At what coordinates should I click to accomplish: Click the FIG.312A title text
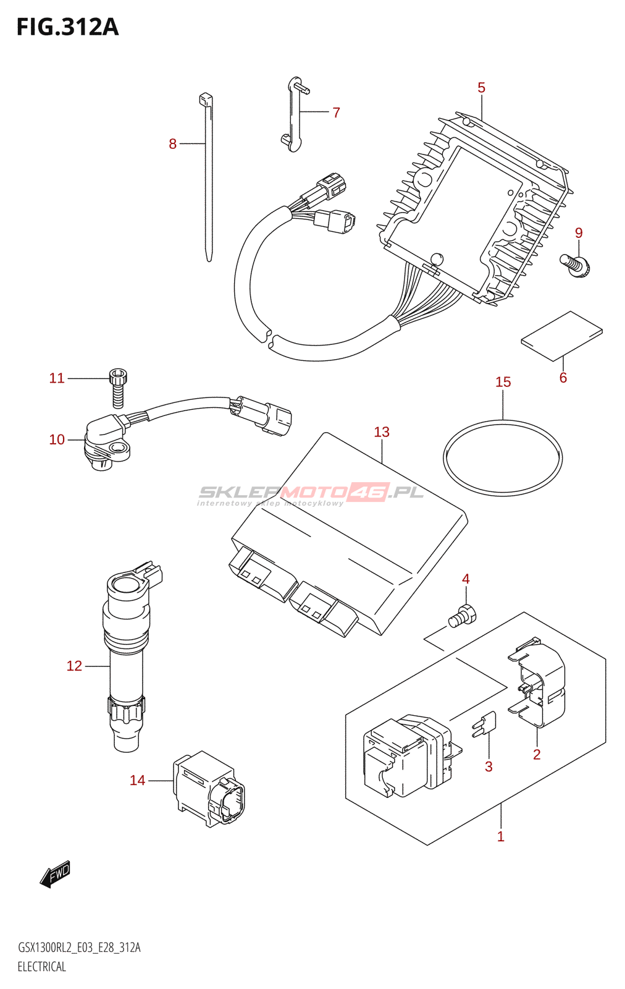pyautogui.click(x=67, y=27)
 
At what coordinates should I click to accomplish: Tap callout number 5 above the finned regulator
pyautogui.click(x=482, y=88)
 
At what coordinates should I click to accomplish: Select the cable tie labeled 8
pyautogui.click(x=208, y=179)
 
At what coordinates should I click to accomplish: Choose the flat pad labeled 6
pyautogui.click(x=561, y=335)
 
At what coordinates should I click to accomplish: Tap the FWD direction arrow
pyautogui.click(x=55, y=874)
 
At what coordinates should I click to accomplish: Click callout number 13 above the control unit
pyautogui.click(x=382, y=432)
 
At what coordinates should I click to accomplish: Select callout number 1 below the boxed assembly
pyautogui.click(x=501, y=837)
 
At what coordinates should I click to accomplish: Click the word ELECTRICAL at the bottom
pyautogui.click(x=41, y=967)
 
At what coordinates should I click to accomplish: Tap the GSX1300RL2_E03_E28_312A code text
pyautogui.click(x=79, y=948)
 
